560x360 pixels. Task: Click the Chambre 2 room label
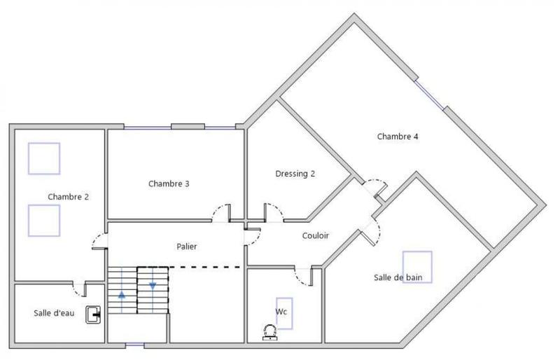point(68,197)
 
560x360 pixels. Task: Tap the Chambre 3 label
point(169,184)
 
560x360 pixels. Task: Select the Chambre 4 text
point(398,137)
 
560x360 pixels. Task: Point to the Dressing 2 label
point(295,174)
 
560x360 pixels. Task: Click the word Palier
point(186,247)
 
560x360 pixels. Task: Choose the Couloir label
point(316,236)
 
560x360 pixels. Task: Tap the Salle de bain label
point(398,277)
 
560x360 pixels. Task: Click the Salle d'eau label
point(54,312)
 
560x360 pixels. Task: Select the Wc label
point(281,310)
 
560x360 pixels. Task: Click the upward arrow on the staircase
point(122,295)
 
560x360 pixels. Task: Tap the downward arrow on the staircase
point(153,286)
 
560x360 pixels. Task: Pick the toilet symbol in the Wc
point(269,331)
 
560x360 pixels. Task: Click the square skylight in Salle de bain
point(417,266)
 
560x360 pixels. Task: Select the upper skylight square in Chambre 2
point(43,158)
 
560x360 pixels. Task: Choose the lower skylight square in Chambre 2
point(43,220)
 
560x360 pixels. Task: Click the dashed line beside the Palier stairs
point(210,267)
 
